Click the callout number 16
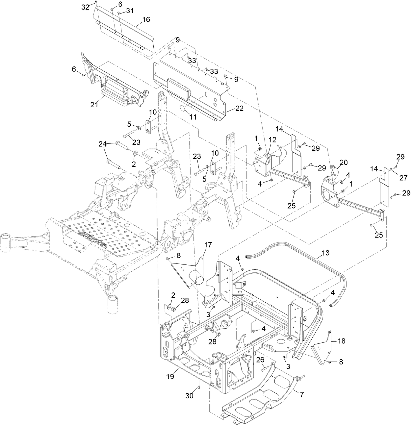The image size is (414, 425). (x=146, y=20)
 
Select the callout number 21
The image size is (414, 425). (x=95, y=105)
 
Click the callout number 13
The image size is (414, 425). (x=325, y=253)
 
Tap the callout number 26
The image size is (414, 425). (x=260, y=361)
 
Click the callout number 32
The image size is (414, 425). (x=85, y=8)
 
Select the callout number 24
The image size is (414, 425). (x=103, y=143)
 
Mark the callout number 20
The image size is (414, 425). (x=343, y=162)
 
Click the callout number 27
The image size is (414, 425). (x=401, y=179)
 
